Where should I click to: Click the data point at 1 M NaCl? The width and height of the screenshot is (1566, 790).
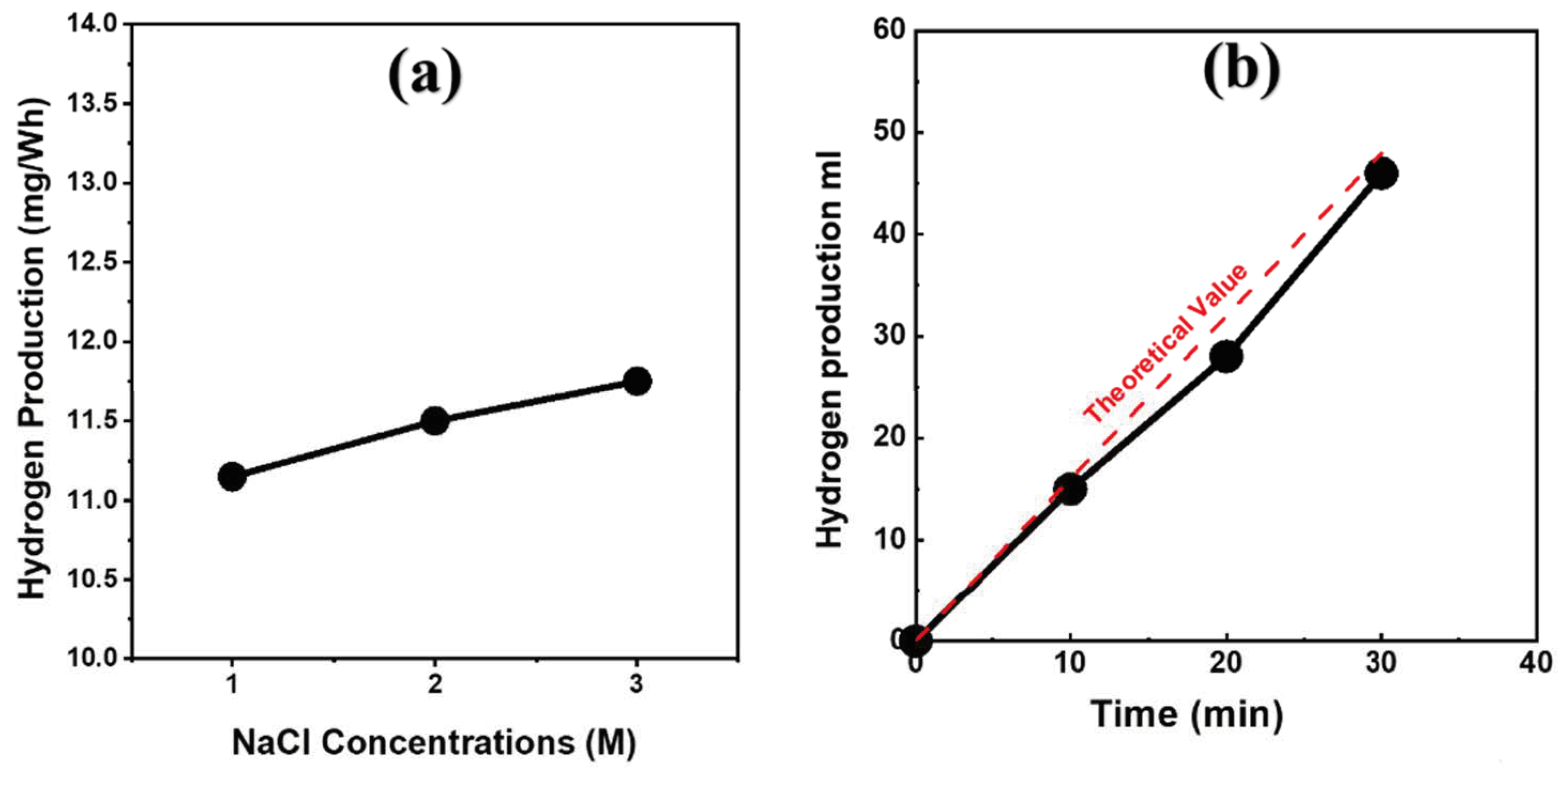[232, 476]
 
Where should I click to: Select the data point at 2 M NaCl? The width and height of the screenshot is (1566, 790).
[434, 420]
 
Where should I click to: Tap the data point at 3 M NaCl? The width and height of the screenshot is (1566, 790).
[637, 381]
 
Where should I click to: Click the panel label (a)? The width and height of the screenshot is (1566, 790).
[425, 77]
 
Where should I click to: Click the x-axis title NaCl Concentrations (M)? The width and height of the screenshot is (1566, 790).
[433, 742]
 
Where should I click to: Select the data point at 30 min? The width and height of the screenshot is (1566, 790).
[1381, 174]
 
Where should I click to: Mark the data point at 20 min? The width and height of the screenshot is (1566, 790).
[1225, 356]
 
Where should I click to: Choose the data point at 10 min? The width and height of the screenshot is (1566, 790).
[1070, 489]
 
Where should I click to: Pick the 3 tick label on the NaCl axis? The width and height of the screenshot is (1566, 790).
[637, 684]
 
